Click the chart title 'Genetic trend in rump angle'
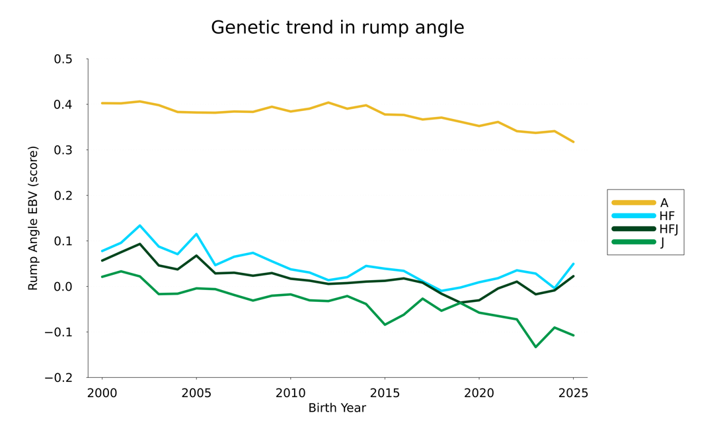337,28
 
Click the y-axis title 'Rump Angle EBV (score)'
33,218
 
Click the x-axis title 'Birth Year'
337,408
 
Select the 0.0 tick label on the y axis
63,287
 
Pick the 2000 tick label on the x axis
102,393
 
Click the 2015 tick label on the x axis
385,393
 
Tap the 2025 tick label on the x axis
573,393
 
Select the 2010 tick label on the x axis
290,393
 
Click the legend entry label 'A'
664,203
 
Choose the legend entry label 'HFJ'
669,229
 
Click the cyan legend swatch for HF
633,216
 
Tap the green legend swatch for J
633,242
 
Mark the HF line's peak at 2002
140,225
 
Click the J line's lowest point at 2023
535,347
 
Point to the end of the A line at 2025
573,142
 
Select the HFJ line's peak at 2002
140,244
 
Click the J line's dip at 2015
385,324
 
